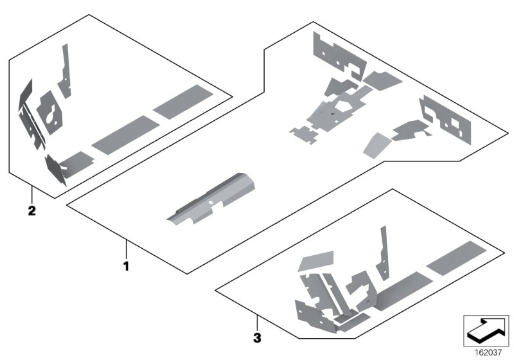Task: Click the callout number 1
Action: (x=127, y=264)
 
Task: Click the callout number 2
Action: (x=31, y=210)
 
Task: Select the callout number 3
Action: (x=256, y=337)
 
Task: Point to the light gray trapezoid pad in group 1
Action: (x=376, y=145)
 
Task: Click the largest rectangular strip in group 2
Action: (x=183, y=101)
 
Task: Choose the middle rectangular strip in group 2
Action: (x=121, y=134)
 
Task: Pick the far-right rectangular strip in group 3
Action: (x=456, y=256)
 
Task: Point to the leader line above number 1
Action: (x=127, y=248)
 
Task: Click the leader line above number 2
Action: (x=31, y=193)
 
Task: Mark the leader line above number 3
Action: (x=256, y=321)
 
